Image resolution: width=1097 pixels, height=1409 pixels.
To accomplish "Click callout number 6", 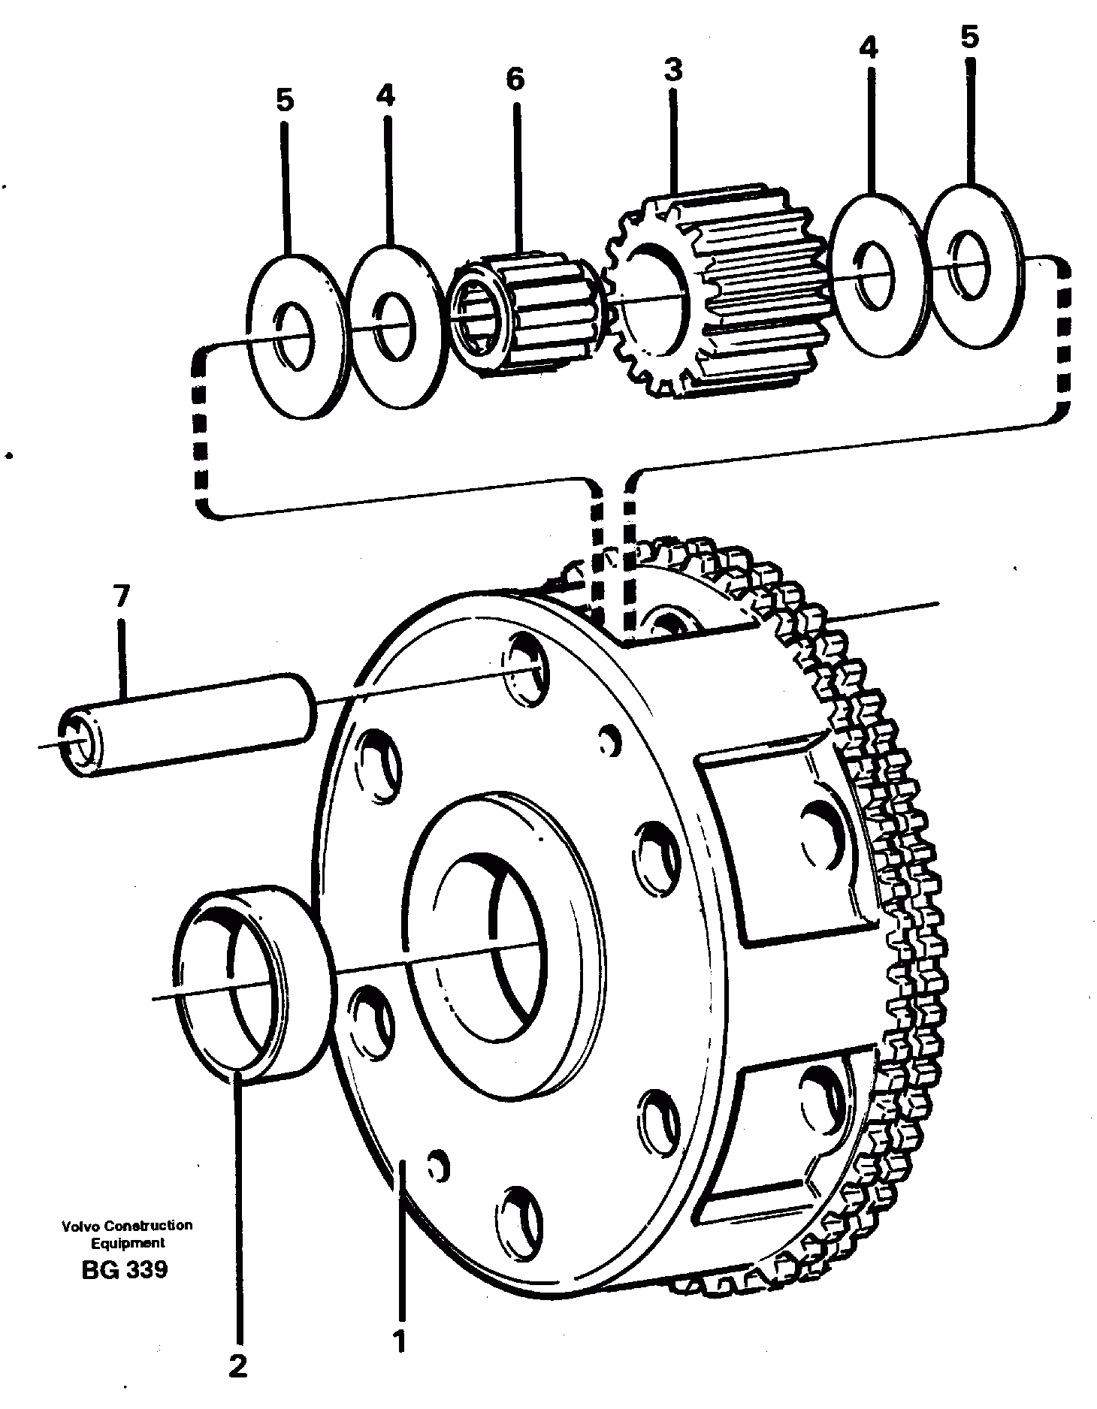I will pyautogui.click(x=515, y=79).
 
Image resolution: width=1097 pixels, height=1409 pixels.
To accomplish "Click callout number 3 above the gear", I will pyautogui.click(x=672, y=70).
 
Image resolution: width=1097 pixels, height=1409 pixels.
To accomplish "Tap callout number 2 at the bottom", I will pyautogui.click(x=237, y=1365).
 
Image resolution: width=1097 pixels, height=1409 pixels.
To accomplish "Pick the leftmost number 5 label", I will pyautogui.click(x=284, y=99).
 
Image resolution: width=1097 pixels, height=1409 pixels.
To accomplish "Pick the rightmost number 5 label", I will pyautogui.click(x=969, y=37).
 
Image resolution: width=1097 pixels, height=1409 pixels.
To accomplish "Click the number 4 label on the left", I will pyautogui.click(x=385, y=95).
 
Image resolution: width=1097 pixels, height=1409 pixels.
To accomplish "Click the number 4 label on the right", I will pyautogui.click(x=868, y=49).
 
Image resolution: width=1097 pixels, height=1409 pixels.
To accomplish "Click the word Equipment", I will pyautogui.click(x=127, y=1242).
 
